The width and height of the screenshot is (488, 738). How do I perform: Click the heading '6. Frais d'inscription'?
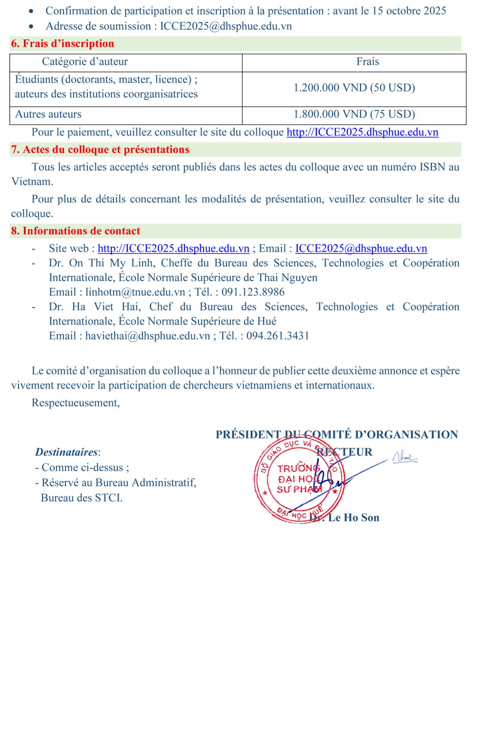tap(62, 43)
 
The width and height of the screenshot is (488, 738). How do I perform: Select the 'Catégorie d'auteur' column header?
tap(85, 61)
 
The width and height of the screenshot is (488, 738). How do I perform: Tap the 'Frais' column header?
tap(367, 61)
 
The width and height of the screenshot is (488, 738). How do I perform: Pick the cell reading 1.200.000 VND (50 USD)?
tap(354, 88)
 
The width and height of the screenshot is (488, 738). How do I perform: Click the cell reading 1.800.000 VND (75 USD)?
tap(354, 114)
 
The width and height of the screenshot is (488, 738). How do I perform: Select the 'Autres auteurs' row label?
tap(48, 114)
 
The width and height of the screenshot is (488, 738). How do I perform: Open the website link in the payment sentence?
tap(362, 132)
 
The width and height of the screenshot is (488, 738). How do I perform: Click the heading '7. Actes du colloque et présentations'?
tap(100, 149)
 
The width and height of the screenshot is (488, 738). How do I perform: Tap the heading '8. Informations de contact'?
tap(76, 231)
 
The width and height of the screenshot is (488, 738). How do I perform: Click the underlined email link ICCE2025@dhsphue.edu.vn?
tap(361, 248)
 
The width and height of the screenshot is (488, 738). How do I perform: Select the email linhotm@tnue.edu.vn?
tap(135, 292)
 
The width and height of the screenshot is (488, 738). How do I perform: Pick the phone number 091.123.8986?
tap(253, 292)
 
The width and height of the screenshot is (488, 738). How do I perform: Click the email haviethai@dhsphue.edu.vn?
tap(147, 336)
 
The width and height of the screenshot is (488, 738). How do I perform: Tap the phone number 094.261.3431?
tap(278, 336)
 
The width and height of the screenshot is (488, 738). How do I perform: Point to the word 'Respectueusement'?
tap(75, 403)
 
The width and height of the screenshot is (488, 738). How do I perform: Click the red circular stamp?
tap(299, 480)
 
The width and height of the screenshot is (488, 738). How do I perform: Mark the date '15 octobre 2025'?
tap(409, 11)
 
